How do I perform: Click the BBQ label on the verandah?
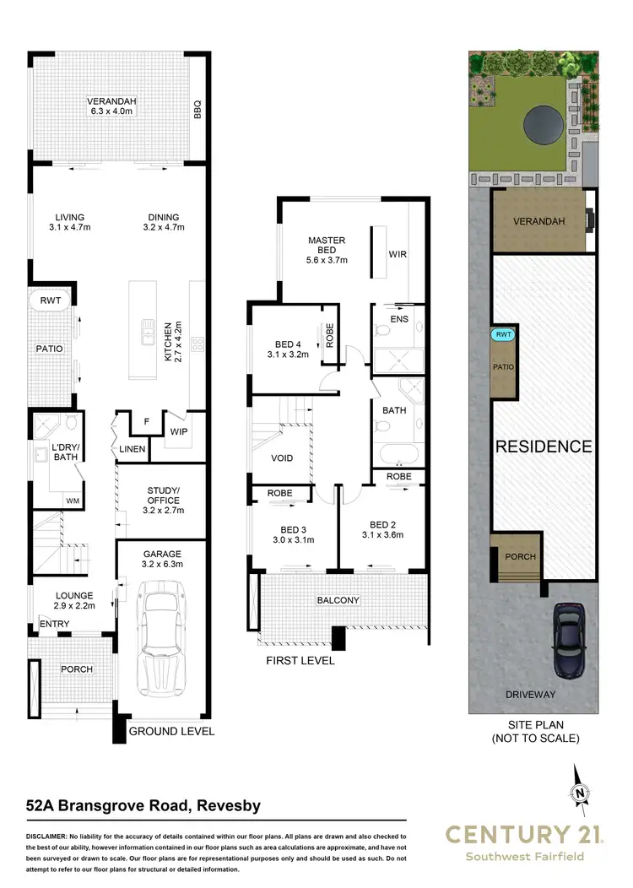(x=197, y=110)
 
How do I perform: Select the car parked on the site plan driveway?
(x=570, y=640)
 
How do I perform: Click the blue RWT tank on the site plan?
(x=504, y=335)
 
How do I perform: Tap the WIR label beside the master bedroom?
(x=398, y=254)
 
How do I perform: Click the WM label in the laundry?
(x=73, y=501)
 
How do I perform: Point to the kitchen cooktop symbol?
(x=197, y=344)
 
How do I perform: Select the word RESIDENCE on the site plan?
(x=543, y=447)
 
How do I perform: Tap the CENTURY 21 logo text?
(x=524, y=835)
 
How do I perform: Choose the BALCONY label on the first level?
(x=338, y=600)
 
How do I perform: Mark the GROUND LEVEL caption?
(x=171, y=731)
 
